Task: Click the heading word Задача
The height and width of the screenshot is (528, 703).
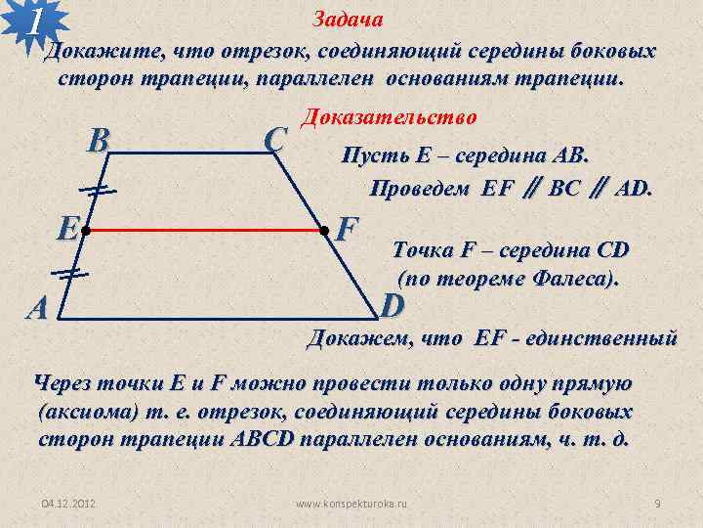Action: click(348, 20)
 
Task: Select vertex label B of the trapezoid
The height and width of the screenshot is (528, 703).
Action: click(97, 143)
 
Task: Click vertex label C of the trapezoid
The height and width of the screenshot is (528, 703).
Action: click(274, 141)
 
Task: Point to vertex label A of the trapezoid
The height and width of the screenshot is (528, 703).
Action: click(38, 308)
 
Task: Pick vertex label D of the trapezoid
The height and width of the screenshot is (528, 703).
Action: click(393, 306)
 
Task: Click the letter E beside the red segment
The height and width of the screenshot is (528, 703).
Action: click(65, 229)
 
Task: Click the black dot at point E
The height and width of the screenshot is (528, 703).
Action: click(85, 232)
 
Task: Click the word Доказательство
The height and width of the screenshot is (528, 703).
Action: click(388, 117)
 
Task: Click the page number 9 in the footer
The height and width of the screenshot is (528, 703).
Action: click(657, 503)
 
